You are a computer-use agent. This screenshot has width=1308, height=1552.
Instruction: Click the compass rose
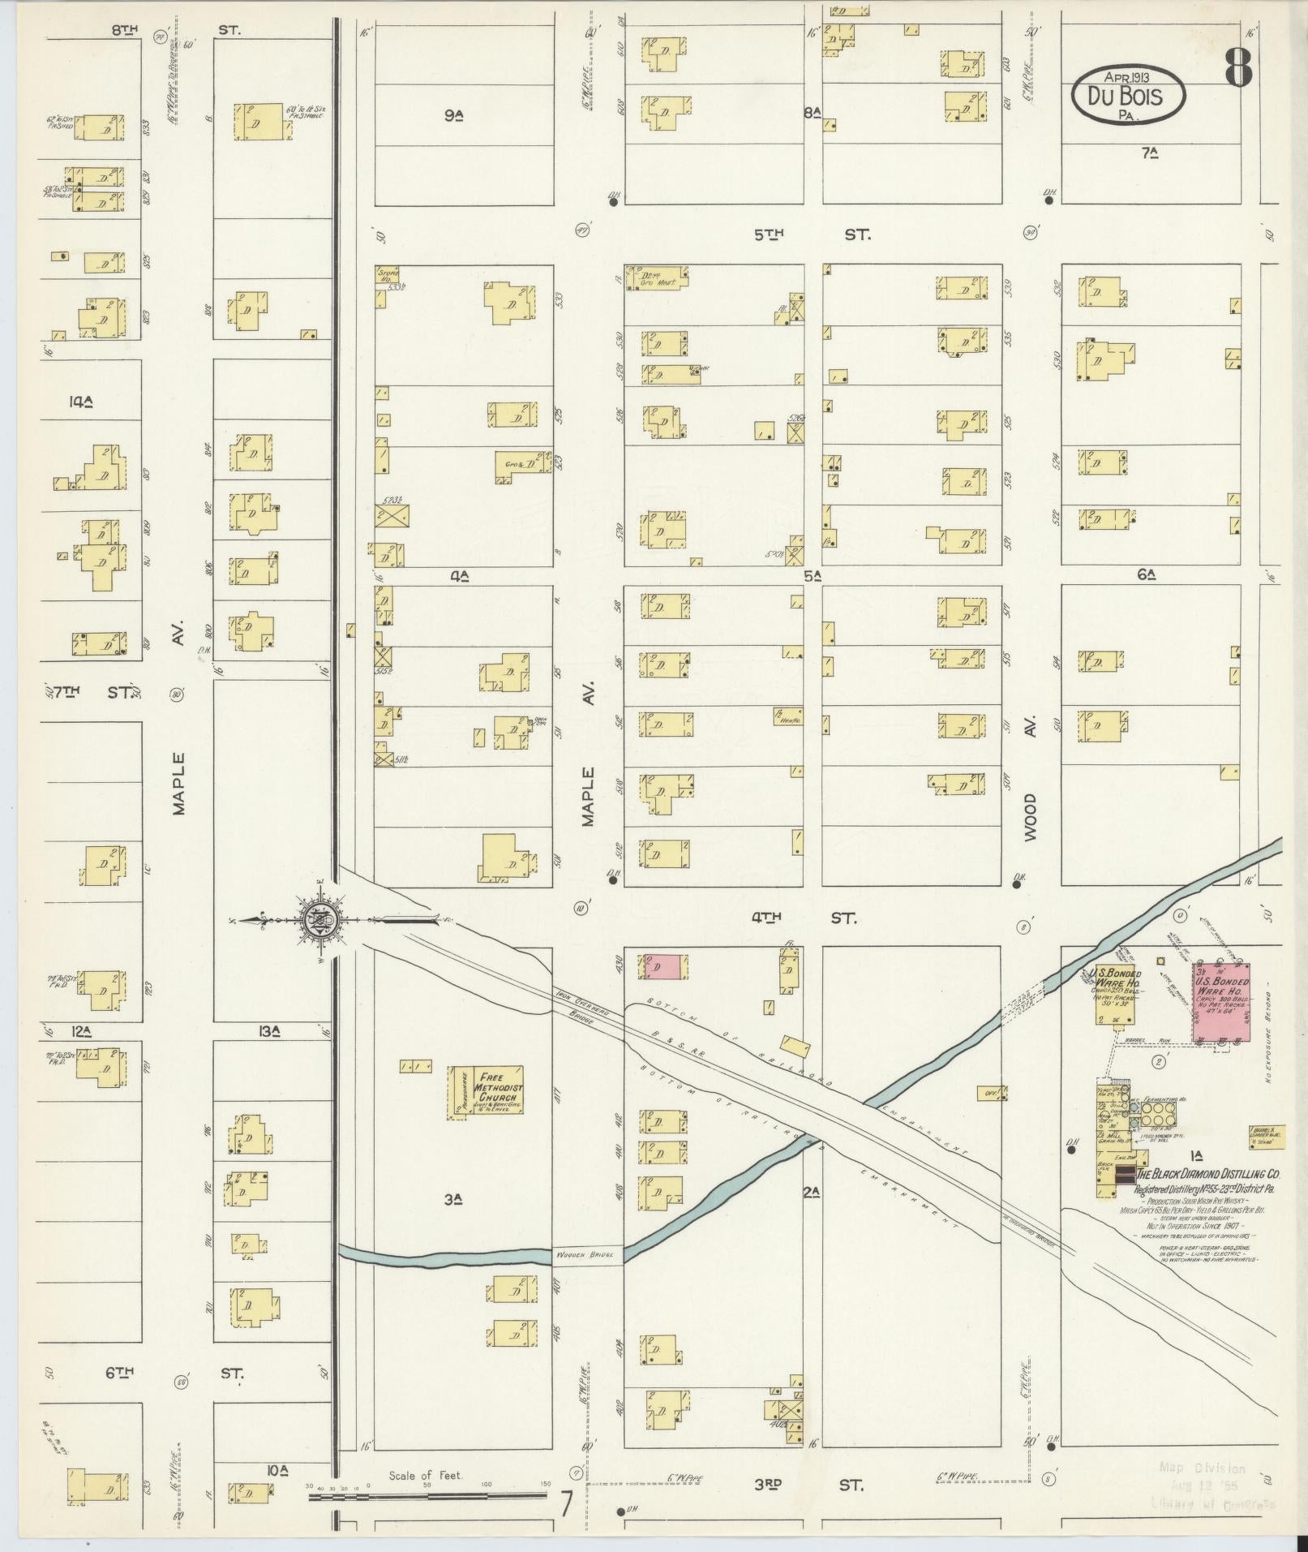pyautogui.click(x=316, y=919)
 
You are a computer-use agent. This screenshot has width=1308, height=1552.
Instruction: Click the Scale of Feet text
pyautogui.click(x=425, y=1476)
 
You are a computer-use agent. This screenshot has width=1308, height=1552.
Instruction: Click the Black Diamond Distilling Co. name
pyautogui.click(x=1206, y=1174)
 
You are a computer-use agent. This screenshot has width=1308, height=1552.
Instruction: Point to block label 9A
pyautogui.click(x=452, y=116)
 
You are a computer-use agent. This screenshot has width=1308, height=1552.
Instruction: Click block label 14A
pyautogui.click(x=82, y=401)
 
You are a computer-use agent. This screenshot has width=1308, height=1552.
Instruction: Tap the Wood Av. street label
pyautogui.click(x=1029, y=816)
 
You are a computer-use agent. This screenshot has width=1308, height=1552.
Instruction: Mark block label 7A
pyautogui.click(x=1148, y=153)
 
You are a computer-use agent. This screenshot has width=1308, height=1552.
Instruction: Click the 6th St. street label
pyautogui.click(x=174, y=1373)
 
